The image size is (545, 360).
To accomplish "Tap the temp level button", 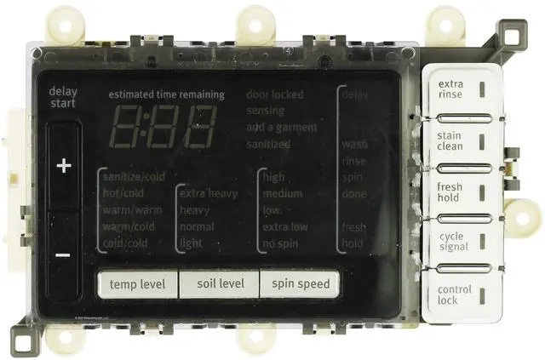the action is click(x=136, y=284).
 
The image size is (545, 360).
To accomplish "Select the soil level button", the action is click(x=219, y=284).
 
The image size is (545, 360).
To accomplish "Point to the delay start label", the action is click(x=63, y=97).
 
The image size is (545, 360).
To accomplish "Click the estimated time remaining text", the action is click(x=166, y=95).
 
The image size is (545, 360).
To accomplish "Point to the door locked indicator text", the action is click(x=274, y=94).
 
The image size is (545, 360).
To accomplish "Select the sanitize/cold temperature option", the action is click(x=133, y=178).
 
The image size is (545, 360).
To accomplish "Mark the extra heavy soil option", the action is click(x=209, y=194).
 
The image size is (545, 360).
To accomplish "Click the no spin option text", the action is click(x=281, y=243).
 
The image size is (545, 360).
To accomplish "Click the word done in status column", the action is click(x=354, y=194).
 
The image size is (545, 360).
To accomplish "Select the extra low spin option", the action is click(x=285, y=227).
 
